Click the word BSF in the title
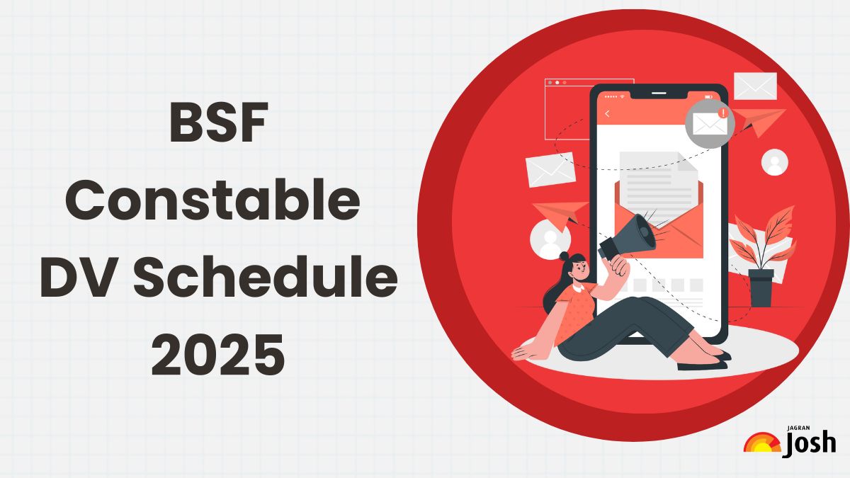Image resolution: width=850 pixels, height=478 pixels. click(219, 122)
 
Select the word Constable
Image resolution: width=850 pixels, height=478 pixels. click(213, 200)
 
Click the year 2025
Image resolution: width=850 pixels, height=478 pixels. click(218, 354)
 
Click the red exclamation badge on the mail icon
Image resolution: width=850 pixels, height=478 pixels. click(723, 113)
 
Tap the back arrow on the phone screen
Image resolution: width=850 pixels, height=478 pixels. click(608, 113)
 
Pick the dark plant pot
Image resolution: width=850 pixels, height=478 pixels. click(761, 288)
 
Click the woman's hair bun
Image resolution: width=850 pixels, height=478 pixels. click(565, 256)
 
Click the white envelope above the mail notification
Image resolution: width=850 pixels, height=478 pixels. click(755, 86)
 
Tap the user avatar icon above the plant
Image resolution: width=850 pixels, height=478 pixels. click(774, 162)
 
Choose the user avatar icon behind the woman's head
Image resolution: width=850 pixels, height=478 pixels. click(550, 240)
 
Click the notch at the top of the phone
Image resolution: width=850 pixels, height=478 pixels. click(659, 93)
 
